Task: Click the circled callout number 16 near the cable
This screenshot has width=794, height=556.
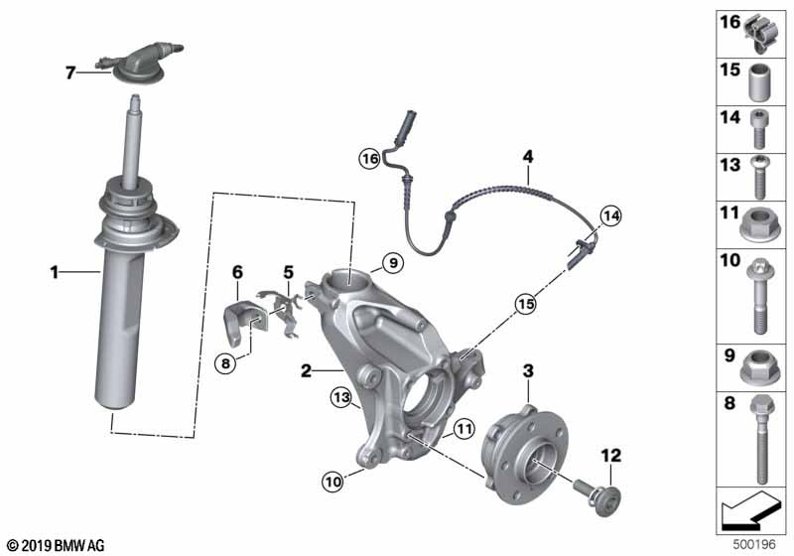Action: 370,158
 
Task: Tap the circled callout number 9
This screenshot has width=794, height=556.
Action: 392,263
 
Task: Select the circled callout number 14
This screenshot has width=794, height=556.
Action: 609,214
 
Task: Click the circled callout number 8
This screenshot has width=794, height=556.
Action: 225,363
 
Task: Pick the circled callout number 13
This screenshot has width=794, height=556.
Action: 341,397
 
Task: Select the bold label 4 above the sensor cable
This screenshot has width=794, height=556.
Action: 528,156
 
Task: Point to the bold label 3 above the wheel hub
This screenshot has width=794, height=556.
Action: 528,370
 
